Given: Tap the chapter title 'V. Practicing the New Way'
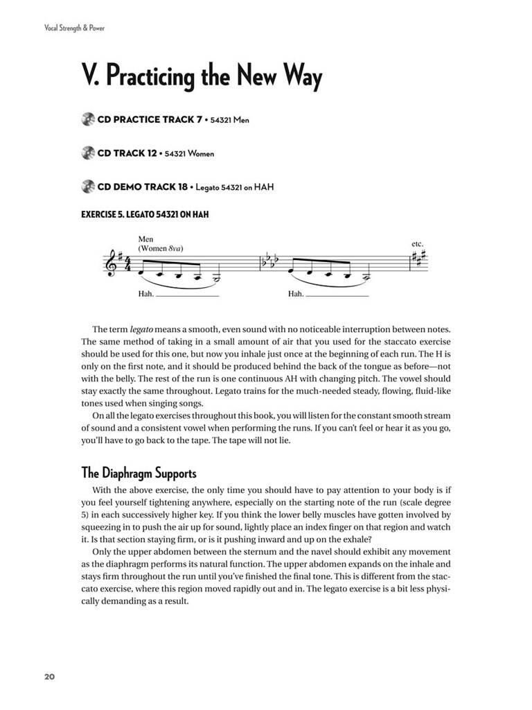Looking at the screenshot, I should [x=202, y=78].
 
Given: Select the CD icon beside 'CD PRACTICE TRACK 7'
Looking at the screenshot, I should [x=87, y=120].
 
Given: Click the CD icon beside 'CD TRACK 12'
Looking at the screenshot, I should [x=87, y=153].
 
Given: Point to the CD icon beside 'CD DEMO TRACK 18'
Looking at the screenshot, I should [x=87, y=187].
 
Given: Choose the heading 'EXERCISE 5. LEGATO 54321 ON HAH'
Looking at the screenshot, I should [x=145, y=214].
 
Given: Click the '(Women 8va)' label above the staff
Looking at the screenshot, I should [x=164, y=248].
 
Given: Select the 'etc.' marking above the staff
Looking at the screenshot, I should [x=417, y=244].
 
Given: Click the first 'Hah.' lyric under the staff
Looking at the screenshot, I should [x=146, y=293].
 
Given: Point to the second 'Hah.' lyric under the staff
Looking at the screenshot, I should [x=296, y=293].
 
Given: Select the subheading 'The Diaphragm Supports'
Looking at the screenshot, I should [x=139, y=474].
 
